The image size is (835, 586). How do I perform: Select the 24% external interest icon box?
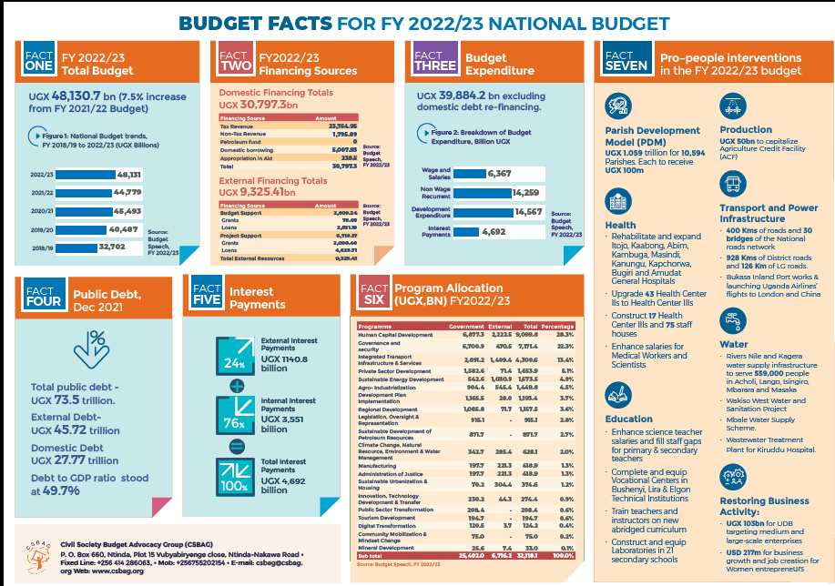point(233,353)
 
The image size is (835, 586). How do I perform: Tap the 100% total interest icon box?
point(233,477)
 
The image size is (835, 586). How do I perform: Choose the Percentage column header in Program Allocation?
point(557,326)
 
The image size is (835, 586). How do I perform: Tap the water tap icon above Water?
point(733,320)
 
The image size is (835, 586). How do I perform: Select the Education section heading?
point(627,419)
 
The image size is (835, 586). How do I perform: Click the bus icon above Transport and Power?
point(733,184)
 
